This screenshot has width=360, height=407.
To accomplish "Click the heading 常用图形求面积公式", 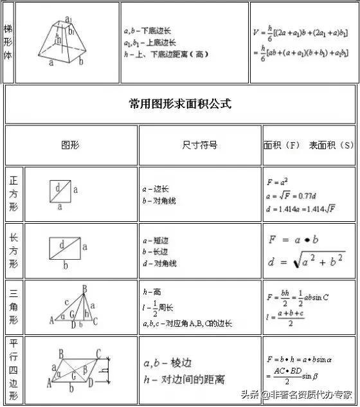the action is tap(179, 104).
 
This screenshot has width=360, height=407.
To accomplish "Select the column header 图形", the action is tap(70, 145).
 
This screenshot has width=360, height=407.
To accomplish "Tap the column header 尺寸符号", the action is tap(199, 145).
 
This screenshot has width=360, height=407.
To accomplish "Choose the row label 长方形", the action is tap(14, 251).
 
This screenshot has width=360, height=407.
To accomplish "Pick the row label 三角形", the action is tap(14, 307).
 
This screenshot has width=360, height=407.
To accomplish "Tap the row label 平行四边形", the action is tap(14, 370).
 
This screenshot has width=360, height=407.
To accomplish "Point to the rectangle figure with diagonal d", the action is tap(64, 247).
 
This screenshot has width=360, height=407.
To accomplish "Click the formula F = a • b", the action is tap(294, 240).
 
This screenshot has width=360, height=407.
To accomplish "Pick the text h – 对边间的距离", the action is tap(183, 380).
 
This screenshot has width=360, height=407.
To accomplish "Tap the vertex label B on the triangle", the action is tap(85, 289).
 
